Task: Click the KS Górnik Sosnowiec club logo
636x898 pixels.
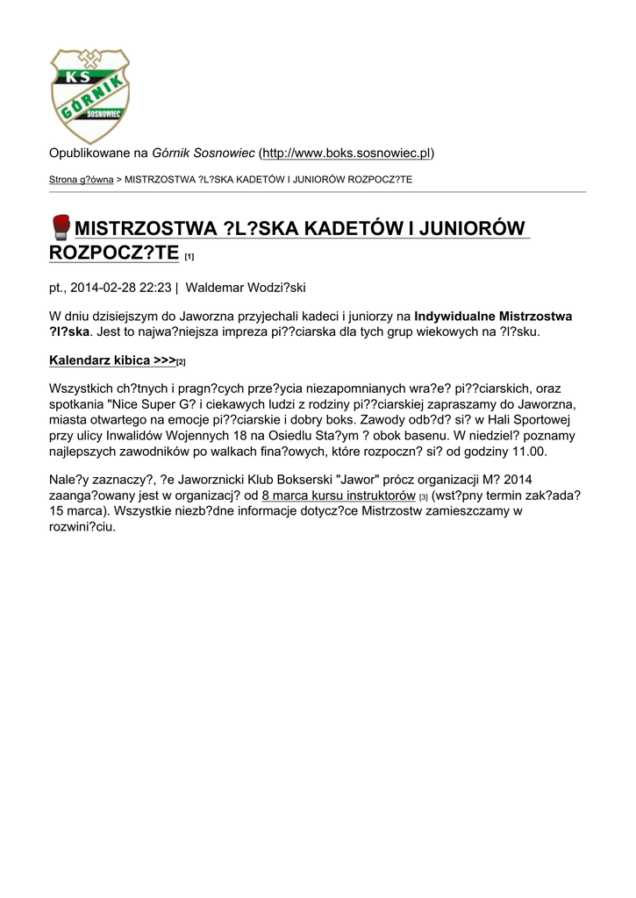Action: point(89,96)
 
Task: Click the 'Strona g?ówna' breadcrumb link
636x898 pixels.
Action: point(81,180)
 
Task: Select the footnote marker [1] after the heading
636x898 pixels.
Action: point(189,257)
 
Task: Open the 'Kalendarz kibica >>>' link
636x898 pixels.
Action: point(112,360)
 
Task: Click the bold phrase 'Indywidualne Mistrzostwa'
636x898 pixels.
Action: point(493,316)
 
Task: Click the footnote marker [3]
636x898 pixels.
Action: point(423,497)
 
